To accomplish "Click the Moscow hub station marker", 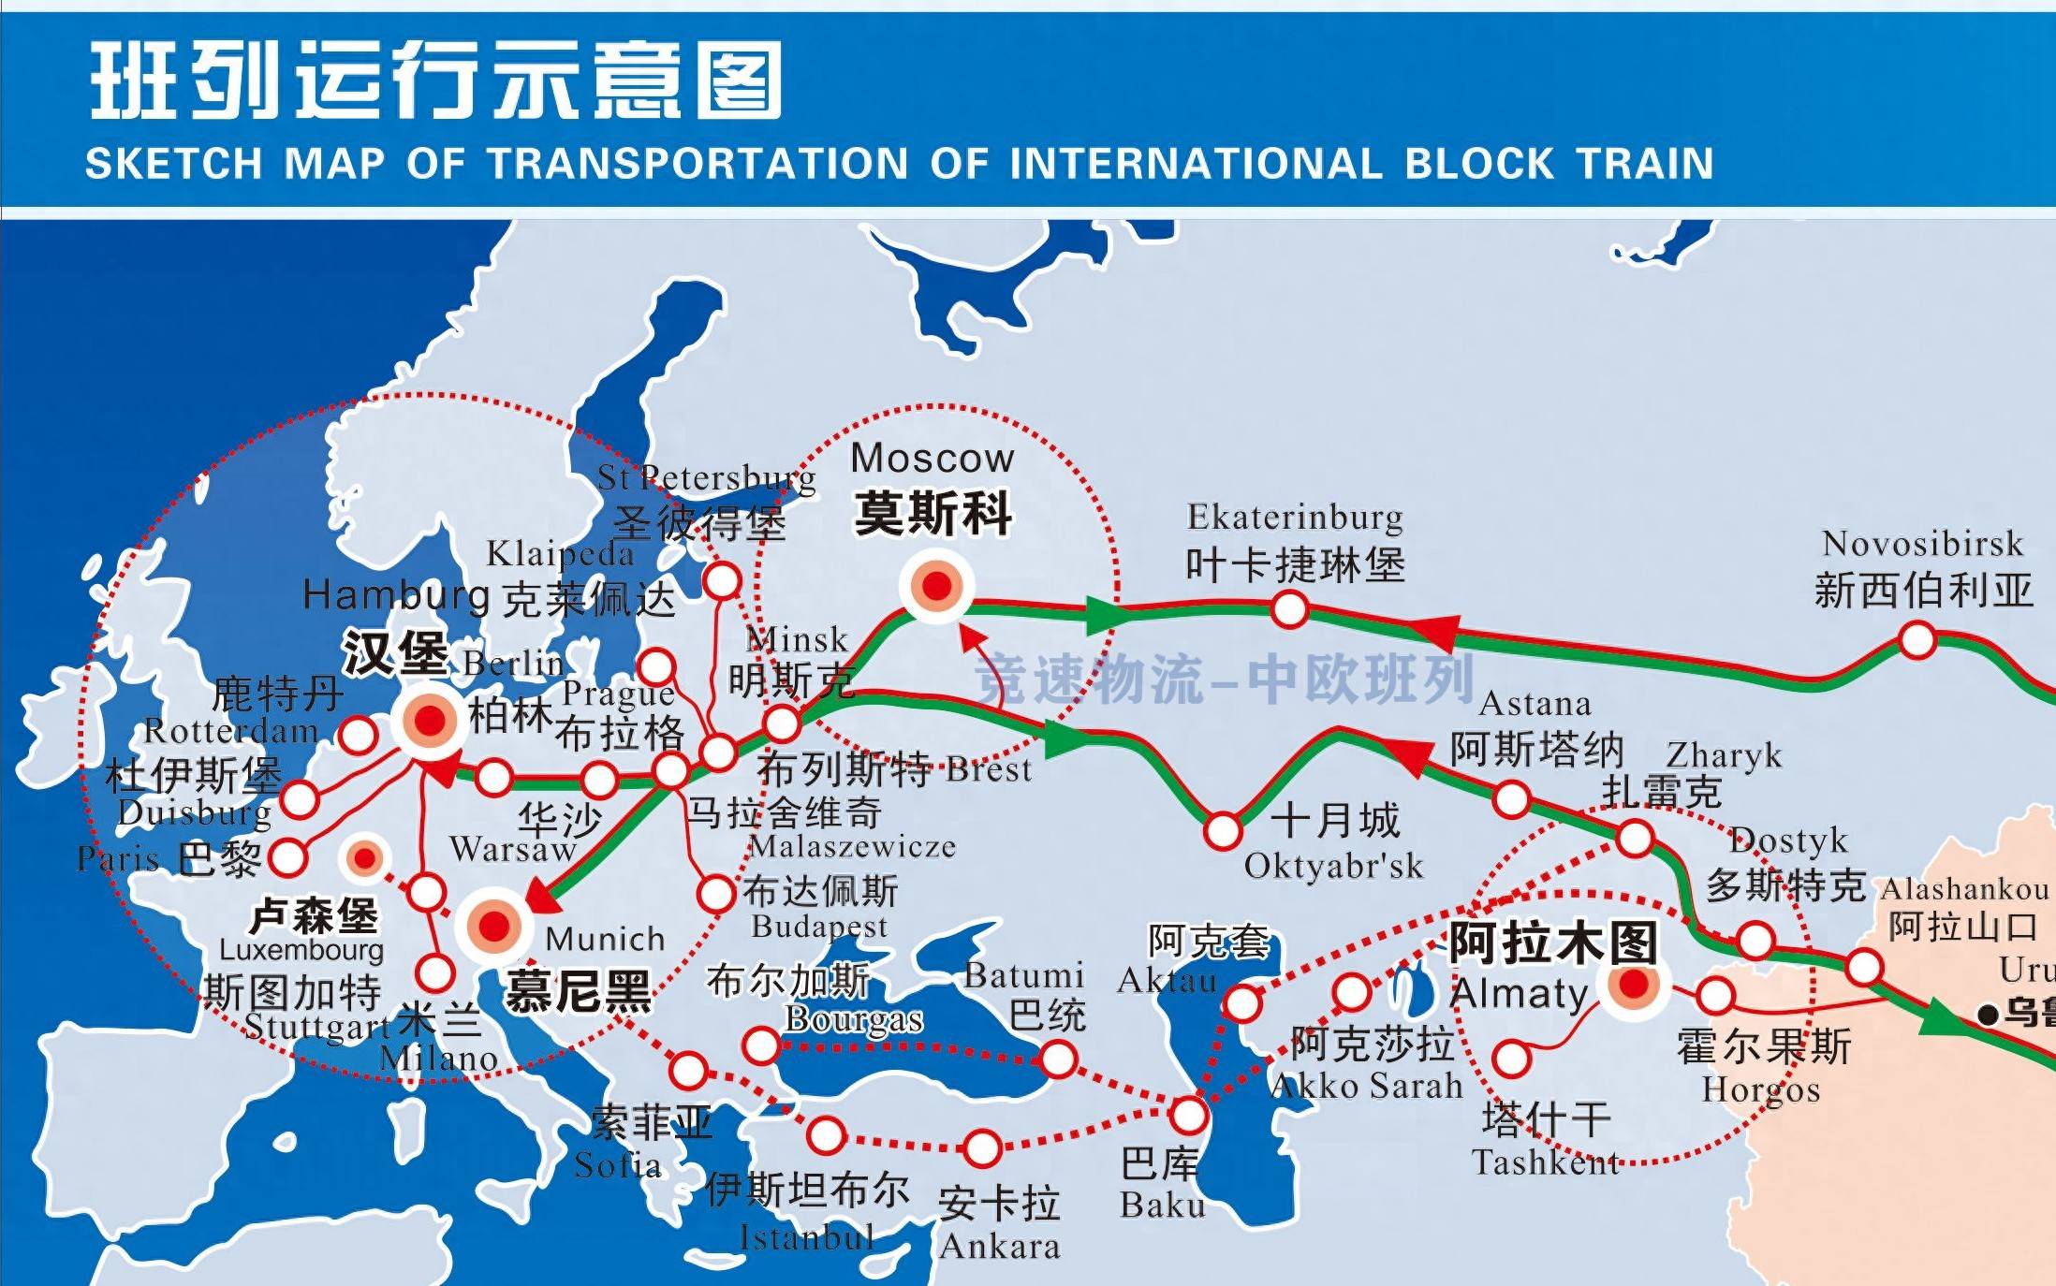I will (x=936, y=586).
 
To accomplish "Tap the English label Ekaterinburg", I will (x=1295, y=518).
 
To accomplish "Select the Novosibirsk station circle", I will (x=1916, y=641).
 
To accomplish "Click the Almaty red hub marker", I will (x=1634, y=984).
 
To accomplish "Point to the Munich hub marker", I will (x=493, y=927).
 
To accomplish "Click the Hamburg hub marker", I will (x=429, y=721).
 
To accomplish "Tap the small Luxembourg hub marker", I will (x=364, y=857).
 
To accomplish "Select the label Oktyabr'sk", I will (x=1333, y=867).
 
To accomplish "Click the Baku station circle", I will (x=1188, y=1115).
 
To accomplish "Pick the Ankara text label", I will (x=999, y=1247).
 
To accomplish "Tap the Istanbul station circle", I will (x=827, y=1135).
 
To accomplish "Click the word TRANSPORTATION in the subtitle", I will (x=698, y=164).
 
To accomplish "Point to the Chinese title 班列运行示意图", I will (x=435, y=80).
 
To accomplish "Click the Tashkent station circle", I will (x=1511, y=1059).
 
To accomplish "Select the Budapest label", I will (x=818, y=927).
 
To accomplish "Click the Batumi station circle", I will (x=1058, y=1059).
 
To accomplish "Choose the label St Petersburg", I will (x=706, y=478).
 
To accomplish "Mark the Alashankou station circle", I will (x=1863, y=967).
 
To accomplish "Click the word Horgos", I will (x=1760, y=1089).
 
